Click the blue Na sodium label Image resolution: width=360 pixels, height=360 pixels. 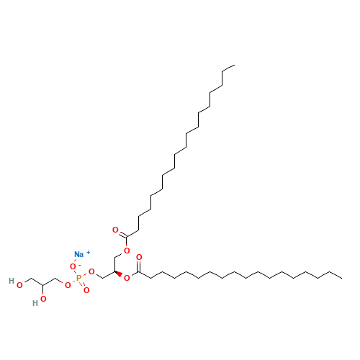coord(78,254)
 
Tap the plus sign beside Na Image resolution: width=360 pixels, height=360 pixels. coord(89,252)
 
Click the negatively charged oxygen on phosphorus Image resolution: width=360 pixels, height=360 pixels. coord(73,266)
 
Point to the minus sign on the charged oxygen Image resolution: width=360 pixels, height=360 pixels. coord(78,264)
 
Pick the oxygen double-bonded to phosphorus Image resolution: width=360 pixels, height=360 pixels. coord(86,289)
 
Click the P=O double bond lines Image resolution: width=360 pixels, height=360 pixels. coord(83,284)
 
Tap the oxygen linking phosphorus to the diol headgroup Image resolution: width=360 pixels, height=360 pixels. coord(68,284)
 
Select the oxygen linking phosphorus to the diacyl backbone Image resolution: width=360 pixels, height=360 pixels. coord(91,271)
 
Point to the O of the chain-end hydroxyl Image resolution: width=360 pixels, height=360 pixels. coord(19,286)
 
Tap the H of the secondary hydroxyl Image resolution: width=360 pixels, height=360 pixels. coord(34,303)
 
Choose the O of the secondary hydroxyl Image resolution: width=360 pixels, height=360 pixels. coord(43,298)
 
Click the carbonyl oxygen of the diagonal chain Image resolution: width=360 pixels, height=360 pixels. coord(115,230)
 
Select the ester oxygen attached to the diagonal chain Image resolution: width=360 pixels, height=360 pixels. coord(127,251)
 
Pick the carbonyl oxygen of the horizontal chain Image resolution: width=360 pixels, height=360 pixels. coord(139,257)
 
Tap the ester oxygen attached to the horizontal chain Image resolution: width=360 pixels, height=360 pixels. coord(127,278)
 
